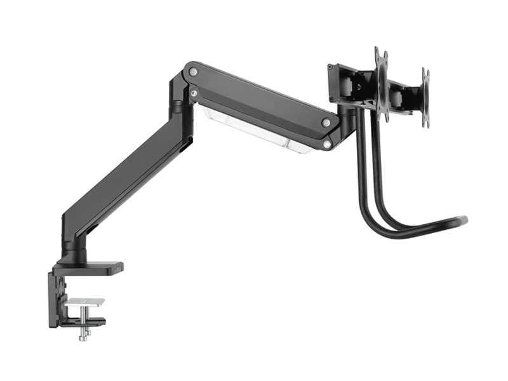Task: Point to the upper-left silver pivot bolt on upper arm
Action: [192, 73]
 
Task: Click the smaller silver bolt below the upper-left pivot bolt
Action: [193, 93]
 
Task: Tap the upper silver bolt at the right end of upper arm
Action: [326, 123]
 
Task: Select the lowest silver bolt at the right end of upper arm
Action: [326, 145]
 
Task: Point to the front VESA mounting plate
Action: [381, 86]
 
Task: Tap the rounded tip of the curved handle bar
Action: [464, 220]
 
